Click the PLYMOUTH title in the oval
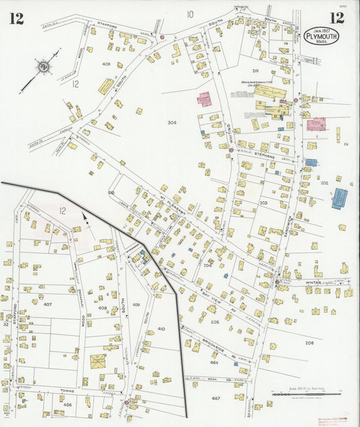click(x=322, y=35)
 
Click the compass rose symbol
click(x=43, y=66)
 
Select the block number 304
click(x=172, y=122)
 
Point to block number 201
click(x=255, y=70)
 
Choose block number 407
click(x=47, y=304)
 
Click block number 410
click(x=161, y=328)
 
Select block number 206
click(x=309, y=343)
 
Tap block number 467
click(x=215, y=399)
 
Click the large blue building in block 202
click(x=339, y=199)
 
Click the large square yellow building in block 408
click(x=98, y=361)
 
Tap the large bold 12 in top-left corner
click(x=16, y=18)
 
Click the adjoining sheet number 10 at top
click(x=190, y=14)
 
